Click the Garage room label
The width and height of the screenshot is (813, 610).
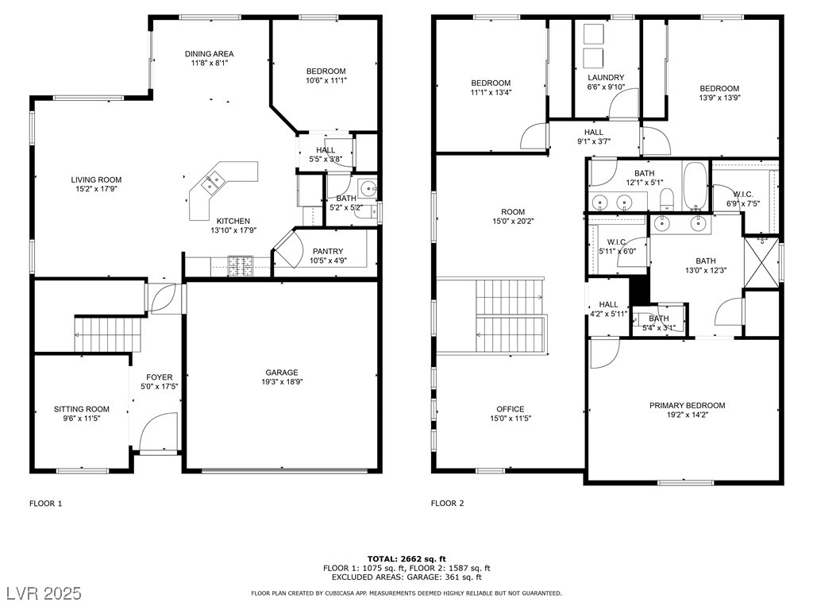point(282,373)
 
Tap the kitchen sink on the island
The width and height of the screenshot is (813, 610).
point(213,183)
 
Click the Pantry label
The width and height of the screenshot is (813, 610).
point(328,251)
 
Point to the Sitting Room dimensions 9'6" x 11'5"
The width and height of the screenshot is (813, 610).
point(82,419)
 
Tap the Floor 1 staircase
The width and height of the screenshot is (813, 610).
point(108,334)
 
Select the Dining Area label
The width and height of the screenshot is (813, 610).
point(210,53)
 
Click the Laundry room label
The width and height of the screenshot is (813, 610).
point(606,77)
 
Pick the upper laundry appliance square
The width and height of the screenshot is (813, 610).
point(593,33)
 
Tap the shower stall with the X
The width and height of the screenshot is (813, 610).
point(761,262)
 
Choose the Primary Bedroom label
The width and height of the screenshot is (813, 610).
point(687,405)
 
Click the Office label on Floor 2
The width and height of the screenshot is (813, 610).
point(511,409)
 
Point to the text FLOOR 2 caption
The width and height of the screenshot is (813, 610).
point(448,503)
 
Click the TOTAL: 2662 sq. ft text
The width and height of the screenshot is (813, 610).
point(406,558)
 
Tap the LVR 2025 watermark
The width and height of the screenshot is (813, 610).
point(44,593)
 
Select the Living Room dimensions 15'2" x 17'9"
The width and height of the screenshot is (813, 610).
point(96,189)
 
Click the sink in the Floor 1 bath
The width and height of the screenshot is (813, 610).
point(368,188)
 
